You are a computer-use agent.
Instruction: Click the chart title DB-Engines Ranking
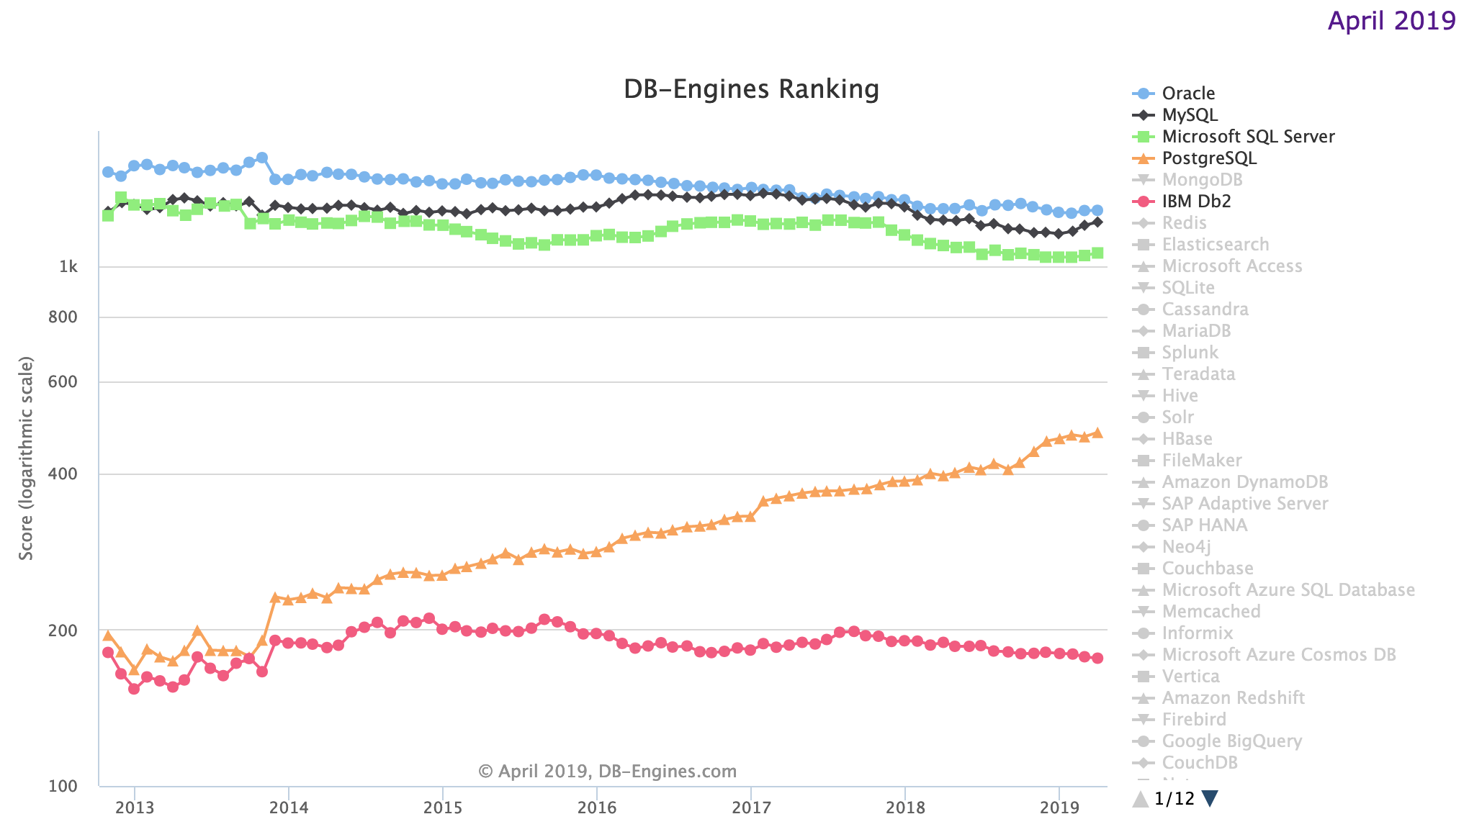[751, 89]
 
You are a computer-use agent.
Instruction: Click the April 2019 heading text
[1391, 20]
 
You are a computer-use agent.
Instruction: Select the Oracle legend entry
[1188, 94]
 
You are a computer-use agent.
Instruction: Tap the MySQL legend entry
[1190, 115]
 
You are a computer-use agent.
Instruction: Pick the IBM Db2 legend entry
[1196, 202]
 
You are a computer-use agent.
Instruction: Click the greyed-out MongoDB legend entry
[1202, 180]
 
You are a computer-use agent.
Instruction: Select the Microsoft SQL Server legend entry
[1248, 137]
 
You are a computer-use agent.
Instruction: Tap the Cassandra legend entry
[1205, 309]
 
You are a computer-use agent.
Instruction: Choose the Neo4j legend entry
[1186, 547]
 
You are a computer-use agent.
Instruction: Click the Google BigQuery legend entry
[1231, 741]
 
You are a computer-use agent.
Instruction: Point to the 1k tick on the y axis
[68, 267]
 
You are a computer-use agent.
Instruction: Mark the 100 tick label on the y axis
[63, 786]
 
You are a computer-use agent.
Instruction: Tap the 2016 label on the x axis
[596, 808]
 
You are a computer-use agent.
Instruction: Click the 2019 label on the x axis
[1059, 808]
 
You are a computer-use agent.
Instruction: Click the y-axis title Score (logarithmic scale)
[27, 458]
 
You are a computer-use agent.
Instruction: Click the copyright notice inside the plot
[607, 772]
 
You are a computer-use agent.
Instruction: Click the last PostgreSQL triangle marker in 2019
[1097, 433]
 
